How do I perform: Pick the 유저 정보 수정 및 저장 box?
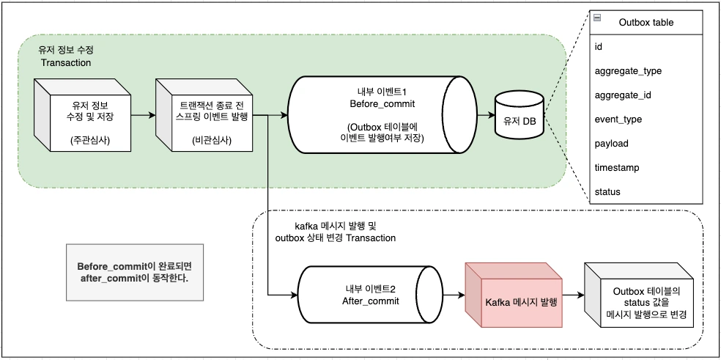[x=81, y=119]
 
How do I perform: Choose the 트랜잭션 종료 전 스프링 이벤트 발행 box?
[x=203, y=119]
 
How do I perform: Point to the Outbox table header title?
[x=646, y=22]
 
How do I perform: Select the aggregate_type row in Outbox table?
[x=628, y=70]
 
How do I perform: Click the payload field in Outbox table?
[x=611, y=143]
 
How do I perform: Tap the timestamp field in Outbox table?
[x=616, y=167]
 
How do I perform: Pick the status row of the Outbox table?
[x=607, y=191]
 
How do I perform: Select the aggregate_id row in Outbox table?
[x=623, y=95]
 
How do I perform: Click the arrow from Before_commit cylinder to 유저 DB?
[x=487, y=115]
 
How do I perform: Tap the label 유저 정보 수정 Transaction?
[x=65, y=56]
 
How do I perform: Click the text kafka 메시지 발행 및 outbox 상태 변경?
[x=335, y=232]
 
